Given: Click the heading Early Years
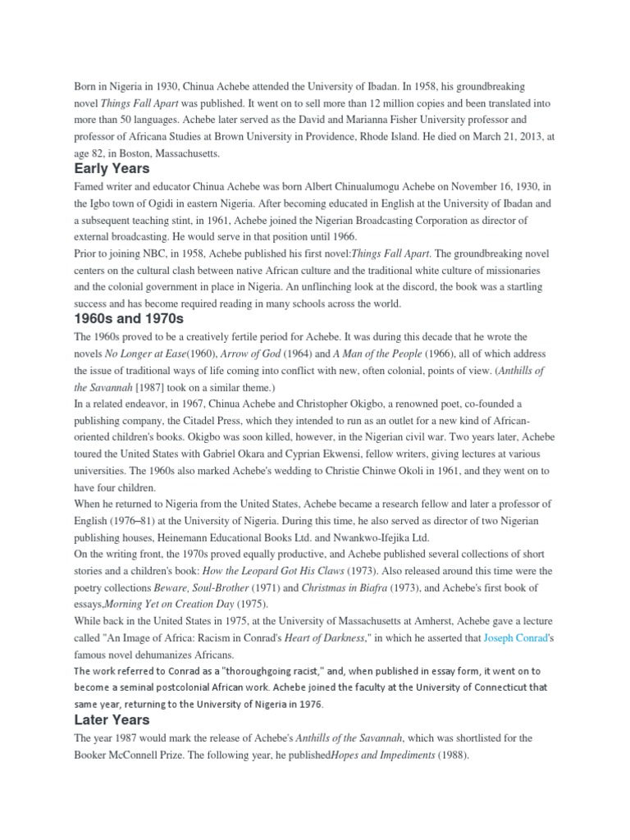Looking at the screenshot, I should click(x=112, y=169).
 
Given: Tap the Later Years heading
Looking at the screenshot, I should click(x=112, y=719).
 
